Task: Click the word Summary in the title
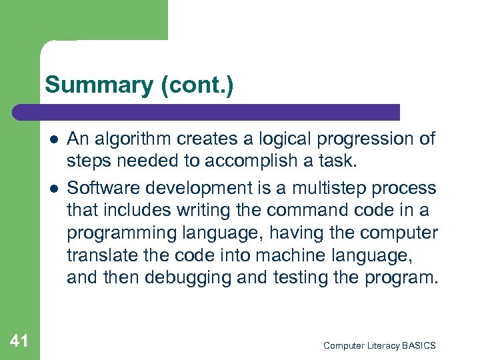pos(99,85)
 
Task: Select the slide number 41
pos(19,341)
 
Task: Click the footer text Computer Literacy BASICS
pos(379,345)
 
